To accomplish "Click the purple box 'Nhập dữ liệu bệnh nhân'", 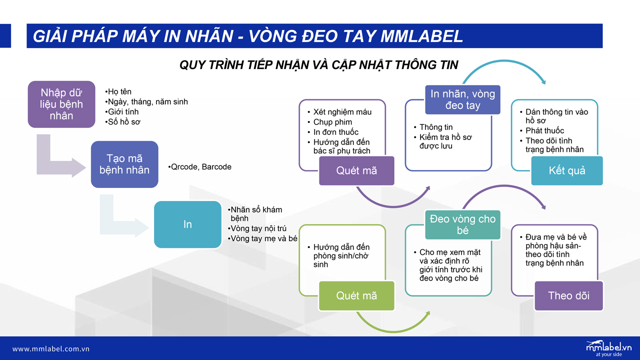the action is tap(61, 104).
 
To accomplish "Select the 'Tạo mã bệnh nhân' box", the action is tap(124, 164).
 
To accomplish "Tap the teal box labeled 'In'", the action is tap(187, 224).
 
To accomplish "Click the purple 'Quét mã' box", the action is tap(356, 170).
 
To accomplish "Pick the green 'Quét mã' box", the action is tap(356, 295).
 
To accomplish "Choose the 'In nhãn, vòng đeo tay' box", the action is tap(462, 99).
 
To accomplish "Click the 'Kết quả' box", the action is tap(567, 170).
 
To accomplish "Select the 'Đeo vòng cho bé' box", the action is tap(462, 225).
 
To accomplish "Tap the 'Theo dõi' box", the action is tap(568, 295).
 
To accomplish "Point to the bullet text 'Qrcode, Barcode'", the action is tap(199, 167).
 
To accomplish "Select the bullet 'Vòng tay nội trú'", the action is tap(257, 228).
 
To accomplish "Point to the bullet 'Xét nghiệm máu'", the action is tap(339, 111).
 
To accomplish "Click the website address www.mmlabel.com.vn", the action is tap(51, 349).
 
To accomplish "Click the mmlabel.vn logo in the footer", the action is tap(608, 348).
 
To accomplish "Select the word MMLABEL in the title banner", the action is tap(421, 36).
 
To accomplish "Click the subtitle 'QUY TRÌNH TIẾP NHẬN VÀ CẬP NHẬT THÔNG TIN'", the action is tap(319, 65).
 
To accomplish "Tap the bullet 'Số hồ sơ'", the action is tap(122, 122).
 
